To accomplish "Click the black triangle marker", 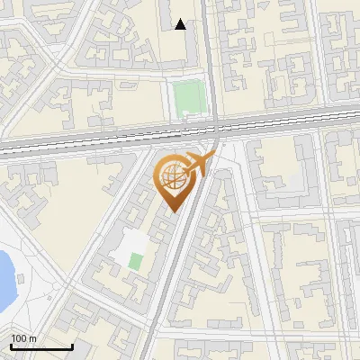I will pyautogui.click(x=181, y=24).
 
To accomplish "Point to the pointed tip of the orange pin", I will pyautogui.click(x=173, y=211).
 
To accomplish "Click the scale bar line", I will pyautogui.click(x=41, y=346).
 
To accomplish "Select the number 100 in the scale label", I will pyautogui.click(x=19, y=338).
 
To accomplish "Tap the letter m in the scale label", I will pyautogui.click(x=32, y=338).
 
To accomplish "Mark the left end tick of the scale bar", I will pyautogui.click(x=11, y=345).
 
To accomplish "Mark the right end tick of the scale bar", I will pyautogui.click(x=72, y=345).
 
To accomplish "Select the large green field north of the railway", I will pyautogui.click(x=189, y=96).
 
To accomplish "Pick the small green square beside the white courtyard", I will pyautogui.click(x=135, y=262).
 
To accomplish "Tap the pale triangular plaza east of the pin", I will pyautogui.click(x=225, y=162).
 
